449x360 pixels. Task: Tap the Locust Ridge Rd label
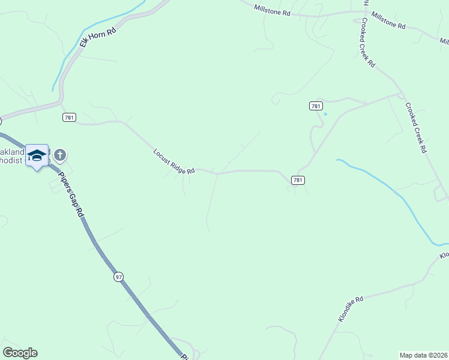173,162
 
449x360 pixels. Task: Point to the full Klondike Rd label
351,309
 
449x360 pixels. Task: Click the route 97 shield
118,277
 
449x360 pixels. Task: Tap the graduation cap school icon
37,155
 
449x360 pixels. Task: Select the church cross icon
60,155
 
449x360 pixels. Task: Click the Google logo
20,353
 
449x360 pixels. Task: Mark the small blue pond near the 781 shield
325,113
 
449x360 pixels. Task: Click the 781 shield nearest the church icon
68,118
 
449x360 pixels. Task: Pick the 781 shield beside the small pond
316,106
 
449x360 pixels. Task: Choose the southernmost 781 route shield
298,179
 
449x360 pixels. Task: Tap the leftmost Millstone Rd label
272,10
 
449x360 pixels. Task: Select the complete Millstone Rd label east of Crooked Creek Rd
388,22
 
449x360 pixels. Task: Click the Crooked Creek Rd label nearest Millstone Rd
368,43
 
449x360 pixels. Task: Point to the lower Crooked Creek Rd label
415,128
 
